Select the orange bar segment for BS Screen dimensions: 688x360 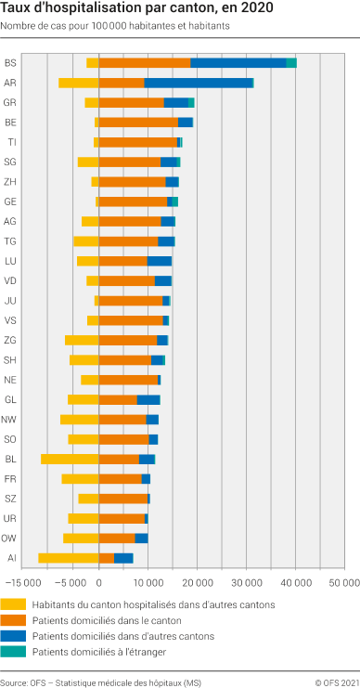pos(145,62)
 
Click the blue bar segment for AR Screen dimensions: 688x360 pos(198,83)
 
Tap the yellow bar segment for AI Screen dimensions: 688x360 pos(69,558)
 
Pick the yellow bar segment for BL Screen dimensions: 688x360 pos(70,459)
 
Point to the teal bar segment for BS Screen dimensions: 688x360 pos(291,62)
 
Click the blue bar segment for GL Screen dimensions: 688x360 pos(148,399)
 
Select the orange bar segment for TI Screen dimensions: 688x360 pos(138,142)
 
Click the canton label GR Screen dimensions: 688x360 pos(10,102)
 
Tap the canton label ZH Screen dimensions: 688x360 pos(10,182)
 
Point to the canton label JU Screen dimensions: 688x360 pos(10,301)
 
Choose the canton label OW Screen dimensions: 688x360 pos(10,539)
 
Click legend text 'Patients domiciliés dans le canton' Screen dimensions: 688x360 pos(107,620)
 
